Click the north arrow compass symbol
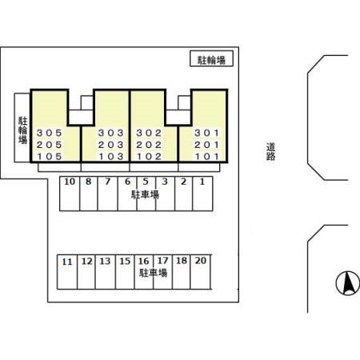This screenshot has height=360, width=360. click(347, 283)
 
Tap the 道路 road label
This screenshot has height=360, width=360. click(270, 151)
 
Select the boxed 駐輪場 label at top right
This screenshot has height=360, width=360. click(211, 60)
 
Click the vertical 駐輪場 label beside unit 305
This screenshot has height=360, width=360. click(22, 130)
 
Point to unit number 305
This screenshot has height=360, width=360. click(50, 133)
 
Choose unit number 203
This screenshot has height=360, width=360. click(110, 145)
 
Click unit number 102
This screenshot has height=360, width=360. click(149, 157)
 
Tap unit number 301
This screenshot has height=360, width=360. click(206, 133)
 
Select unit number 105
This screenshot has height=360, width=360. click(50, 157)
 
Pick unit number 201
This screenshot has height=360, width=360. click(206, 145)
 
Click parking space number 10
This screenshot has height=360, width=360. click(70, 182)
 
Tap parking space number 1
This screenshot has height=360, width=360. click(202, 182)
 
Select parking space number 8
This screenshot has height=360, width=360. click(88, 182)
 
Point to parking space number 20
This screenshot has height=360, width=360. click(201, 261)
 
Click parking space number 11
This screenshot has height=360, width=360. click(67, 262)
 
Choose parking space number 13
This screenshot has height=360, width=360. click(105, 261)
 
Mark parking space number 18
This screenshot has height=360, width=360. click(182, 261)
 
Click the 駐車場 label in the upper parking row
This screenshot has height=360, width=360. click(145, 194)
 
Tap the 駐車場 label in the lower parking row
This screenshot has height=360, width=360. click(154, 273)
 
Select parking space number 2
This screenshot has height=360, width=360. click(183, 182)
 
